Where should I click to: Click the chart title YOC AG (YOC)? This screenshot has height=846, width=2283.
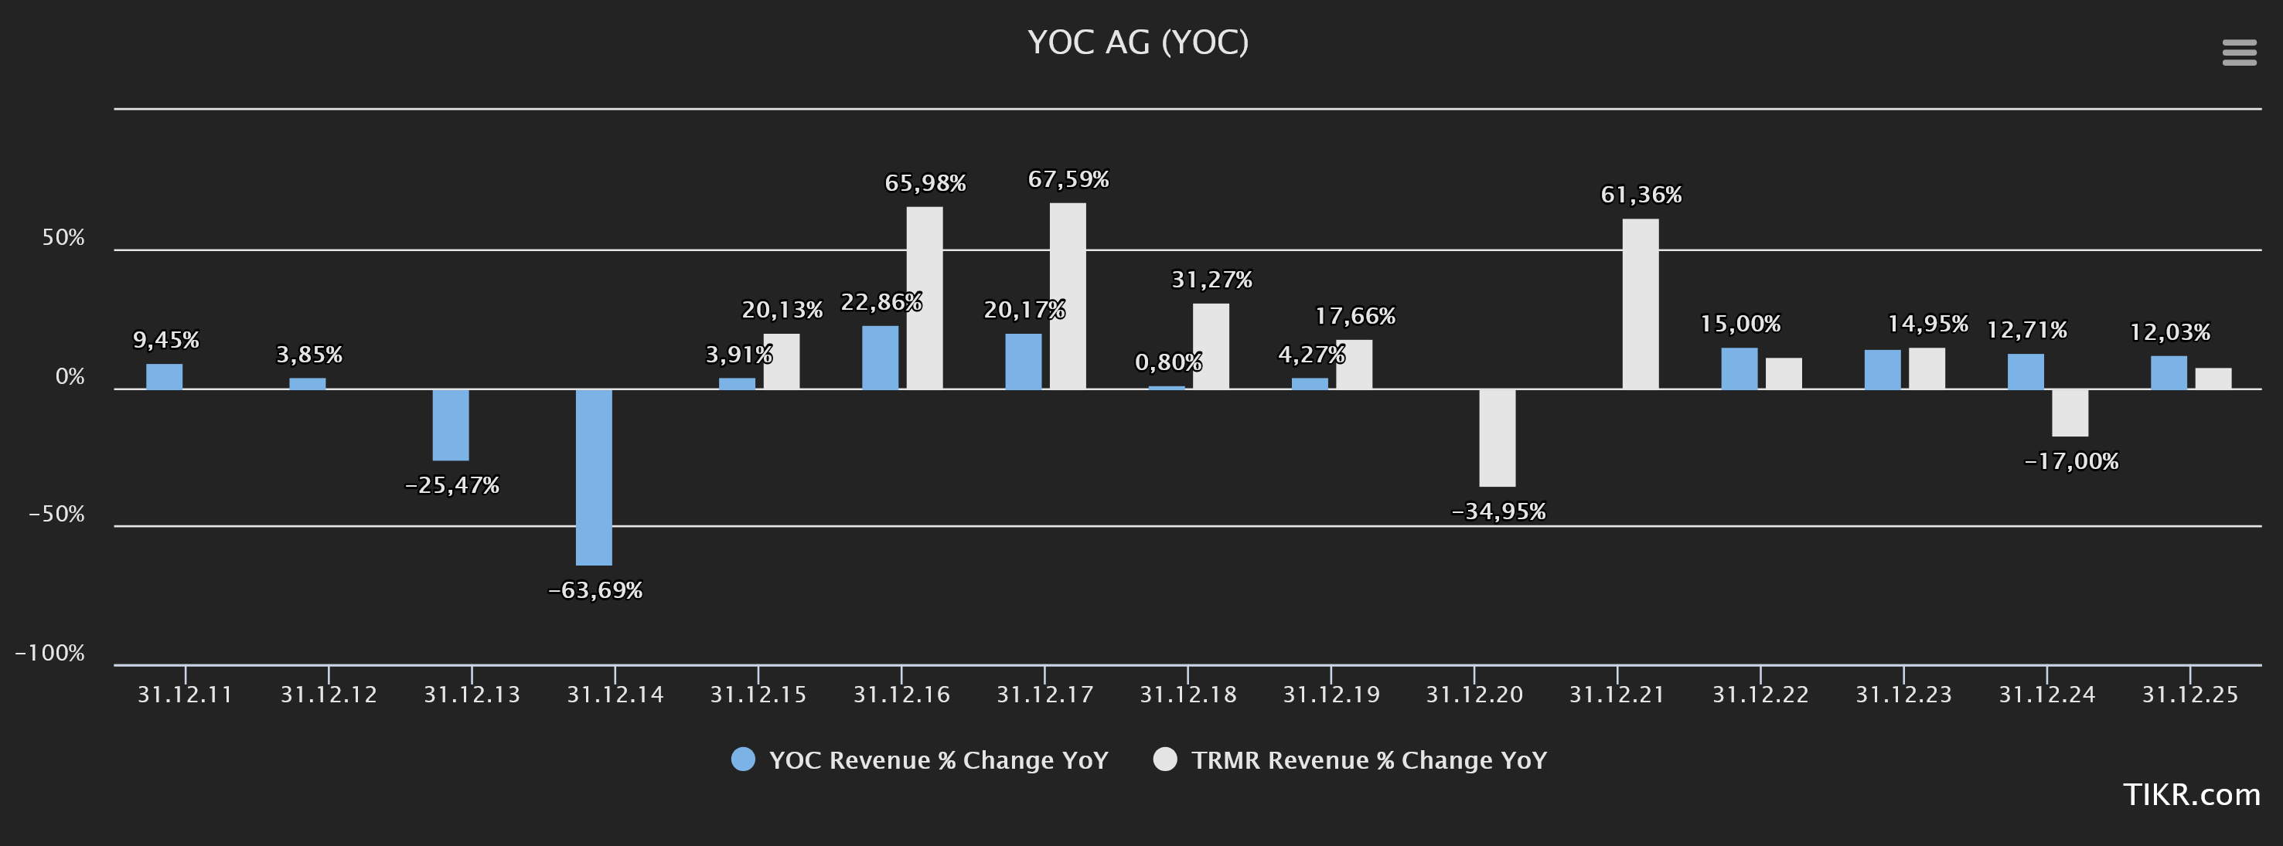[x=1138, y=42]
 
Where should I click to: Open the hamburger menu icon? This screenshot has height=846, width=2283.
[x=2239, y=53]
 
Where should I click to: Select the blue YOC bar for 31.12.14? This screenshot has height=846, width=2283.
[x=594, y=477]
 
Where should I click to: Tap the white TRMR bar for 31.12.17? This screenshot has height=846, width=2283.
[x=1067, y=296]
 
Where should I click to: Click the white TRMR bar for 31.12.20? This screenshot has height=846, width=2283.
[x=1497, y=437]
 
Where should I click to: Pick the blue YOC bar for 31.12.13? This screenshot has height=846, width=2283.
[x=450, y=424]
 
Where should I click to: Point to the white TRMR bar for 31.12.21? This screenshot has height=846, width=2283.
[x=1640, y=304]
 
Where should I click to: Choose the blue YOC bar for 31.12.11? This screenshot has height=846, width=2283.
[x=164, y=376]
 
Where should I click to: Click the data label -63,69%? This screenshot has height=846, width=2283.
[x=595, y=590]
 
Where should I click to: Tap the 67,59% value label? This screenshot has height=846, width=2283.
[x=1068, y=180]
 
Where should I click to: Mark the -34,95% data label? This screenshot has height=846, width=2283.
[x=1498, y=511]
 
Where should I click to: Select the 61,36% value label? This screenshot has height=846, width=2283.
[x=1641, y=195]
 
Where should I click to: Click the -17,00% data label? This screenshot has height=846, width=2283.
[x=2071, y=460]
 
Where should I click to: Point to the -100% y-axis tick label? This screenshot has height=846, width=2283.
[x=49, y=653]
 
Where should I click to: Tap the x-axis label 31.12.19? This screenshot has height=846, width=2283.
[x=1331, y=695]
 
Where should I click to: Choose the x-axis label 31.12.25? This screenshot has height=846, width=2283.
[x=2190, y=695]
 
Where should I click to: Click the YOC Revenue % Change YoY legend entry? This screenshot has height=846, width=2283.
[x=920, y=760]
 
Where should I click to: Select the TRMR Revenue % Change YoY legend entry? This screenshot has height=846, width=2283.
[x=1350, y=760]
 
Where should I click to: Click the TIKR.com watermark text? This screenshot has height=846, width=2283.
[x=2191, y=794]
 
